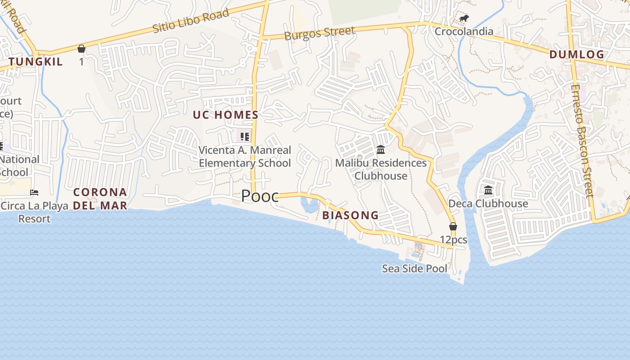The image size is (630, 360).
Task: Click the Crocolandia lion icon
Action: (x=464, y=18)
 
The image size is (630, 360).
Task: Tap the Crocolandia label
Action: (x=463, y=31)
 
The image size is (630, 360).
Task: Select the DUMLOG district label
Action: (x=576, y=55)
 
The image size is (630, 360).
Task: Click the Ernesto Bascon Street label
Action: (x=583, y=140)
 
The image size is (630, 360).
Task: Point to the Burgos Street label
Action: (x=319, y=33)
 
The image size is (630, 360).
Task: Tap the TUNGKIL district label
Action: (x=36, y=62)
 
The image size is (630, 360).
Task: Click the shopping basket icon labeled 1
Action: (x=81, y=49)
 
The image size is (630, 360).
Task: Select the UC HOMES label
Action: (x=225, y=115)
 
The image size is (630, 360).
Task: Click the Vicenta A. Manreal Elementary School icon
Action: (x=244, y=136)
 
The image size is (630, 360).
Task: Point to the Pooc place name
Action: (x=260, y=196)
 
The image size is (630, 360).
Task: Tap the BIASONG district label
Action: (x=351, y=216)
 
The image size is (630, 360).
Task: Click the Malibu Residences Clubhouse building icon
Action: (x=381, y=149)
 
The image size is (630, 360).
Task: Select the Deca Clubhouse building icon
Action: (x=488, y=190)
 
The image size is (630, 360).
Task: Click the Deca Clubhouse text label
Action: (x=488, y=204)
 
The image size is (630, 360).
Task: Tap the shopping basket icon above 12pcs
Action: (x=453, y=226)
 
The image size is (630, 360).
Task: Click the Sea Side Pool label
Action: (x=414, y=269)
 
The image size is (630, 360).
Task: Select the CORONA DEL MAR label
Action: (x=100, y=199)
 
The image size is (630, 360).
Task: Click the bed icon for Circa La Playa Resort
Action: (x=34, y=193)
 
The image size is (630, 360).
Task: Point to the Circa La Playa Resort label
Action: (x=35, y=212)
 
